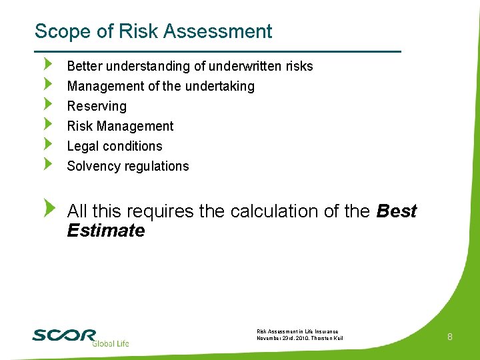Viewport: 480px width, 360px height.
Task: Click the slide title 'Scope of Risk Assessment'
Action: pos(153,31)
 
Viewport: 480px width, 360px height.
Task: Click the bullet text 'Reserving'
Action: pos(97,106)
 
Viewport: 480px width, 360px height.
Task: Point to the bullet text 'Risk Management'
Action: pos(120,126)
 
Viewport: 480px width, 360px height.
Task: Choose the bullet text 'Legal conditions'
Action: pos(115,146)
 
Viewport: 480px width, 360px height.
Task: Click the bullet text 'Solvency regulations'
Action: pos(128,166)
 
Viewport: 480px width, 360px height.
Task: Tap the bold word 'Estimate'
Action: pos(106,231)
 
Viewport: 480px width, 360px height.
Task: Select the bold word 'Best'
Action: pos(397,211)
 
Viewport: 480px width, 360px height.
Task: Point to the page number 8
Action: pos(450,337)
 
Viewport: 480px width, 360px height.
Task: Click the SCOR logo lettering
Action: pos(64,335)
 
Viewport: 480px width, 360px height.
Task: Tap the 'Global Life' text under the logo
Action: pos(110,343)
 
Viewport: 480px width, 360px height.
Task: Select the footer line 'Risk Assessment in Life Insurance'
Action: pos(297,331)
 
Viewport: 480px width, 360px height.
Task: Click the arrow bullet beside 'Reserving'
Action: pos(47,104)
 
